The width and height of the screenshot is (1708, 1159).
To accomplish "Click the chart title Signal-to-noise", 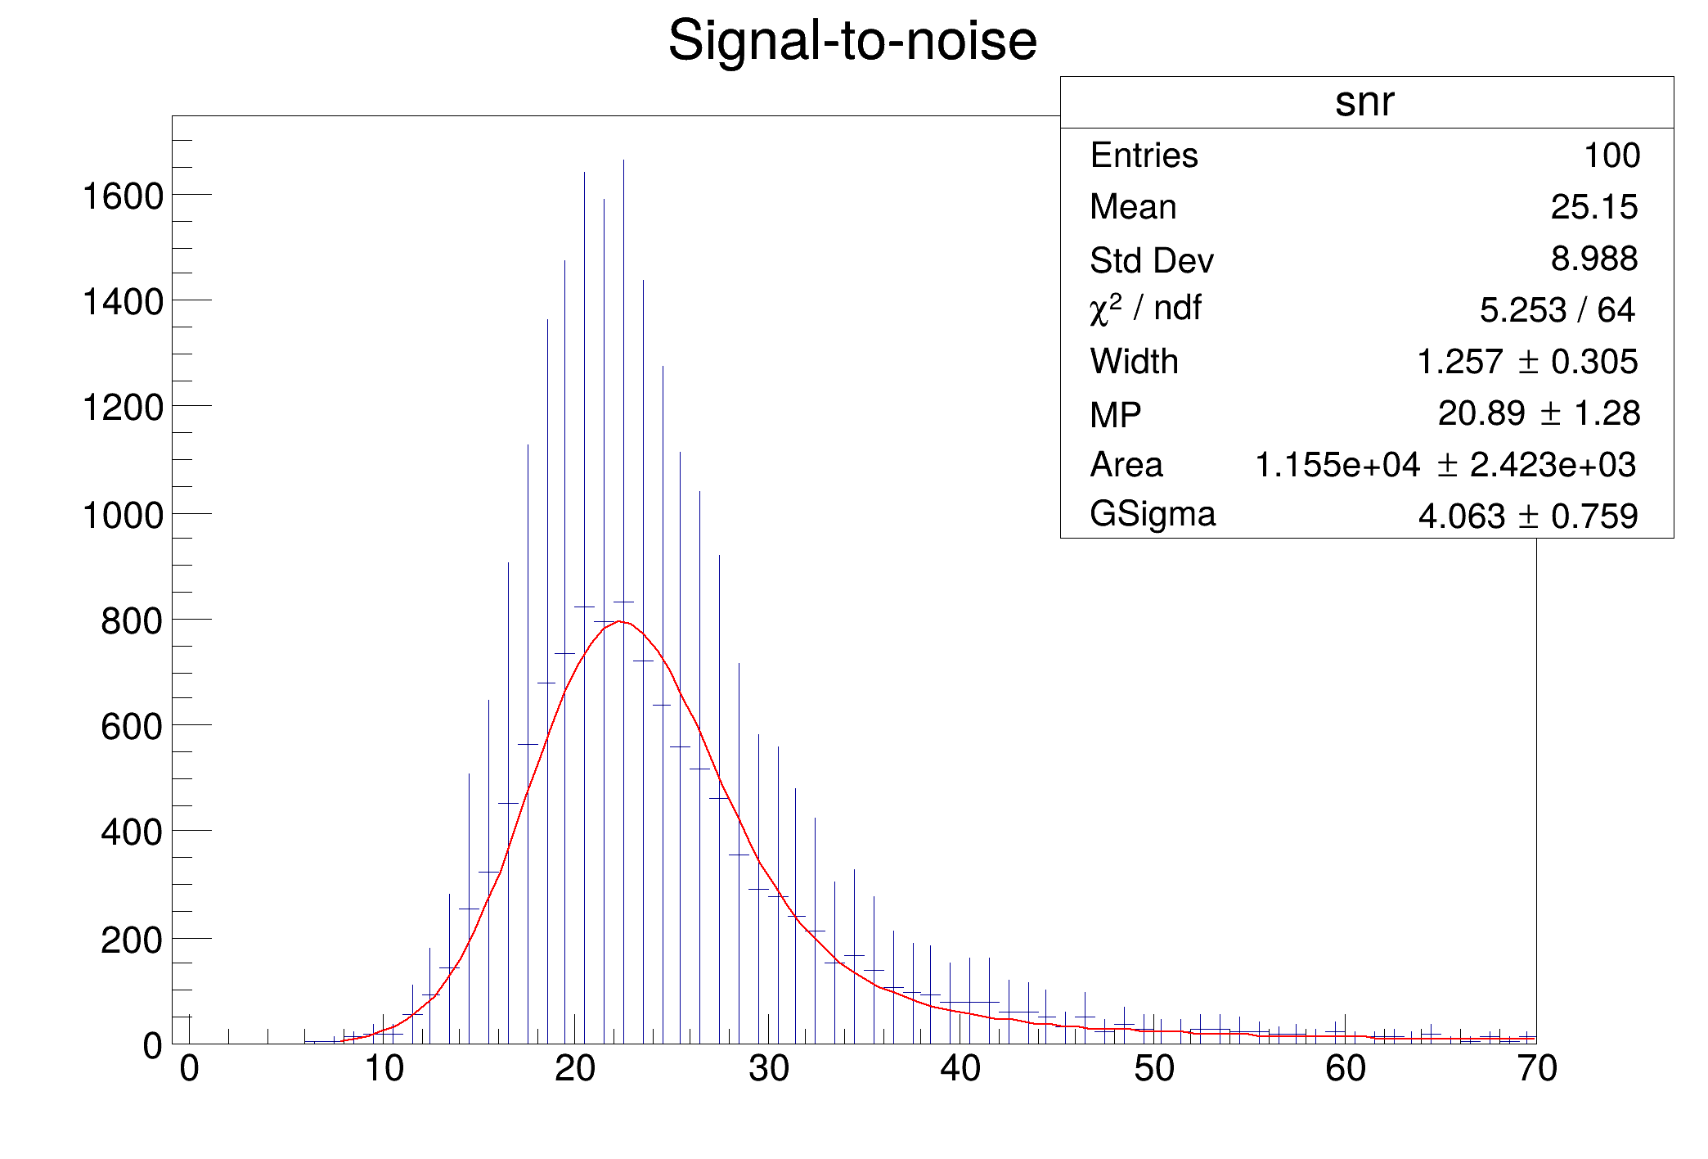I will point(852,41).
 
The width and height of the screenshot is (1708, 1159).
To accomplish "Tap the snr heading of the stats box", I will point(1364,102).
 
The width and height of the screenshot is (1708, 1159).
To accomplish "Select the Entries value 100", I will point(1611,156).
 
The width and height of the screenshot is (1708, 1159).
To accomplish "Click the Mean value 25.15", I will point(1593,207).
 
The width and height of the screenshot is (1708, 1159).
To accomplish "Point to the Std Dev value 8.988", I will point(1593,259).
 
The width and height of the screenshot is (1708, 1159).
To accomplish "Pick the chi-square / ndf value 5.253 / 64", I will point(1557,310).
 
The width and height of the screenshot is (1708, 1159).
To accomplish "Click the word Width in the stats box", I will point(1134,362).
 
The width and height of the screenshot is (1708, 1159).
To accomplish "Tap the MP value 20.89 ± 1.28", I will point(1539,413).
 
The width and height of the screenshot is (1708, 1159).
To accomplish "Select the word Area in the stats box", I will point(1126,465).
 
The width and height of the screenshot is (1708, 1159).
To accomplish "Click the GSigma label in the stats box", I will point(1153,515).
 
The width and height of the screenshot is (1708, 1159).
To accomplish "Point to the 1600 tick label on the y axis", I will point(123,197).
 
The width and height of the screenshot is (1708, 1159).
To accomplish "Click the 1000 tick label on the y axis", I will point(123,516).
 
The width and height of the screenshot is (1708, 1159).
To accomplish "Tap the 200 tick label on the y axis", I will point(132,940).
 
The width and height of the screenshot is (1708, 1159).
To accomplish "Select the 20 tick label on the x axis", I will point(575,1069).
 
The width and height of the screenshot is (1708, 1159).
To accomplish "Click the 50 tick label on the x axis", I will point(1153,1069).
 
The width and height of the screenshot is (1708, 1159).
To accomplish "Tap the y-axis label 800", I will point(132,622).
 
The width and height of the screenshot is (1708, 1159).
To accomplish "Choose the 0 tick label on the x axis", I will point(190,1069).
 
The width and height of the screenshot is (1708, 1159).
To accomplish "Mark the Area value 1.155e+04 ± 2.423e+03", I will point(1445,465).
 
